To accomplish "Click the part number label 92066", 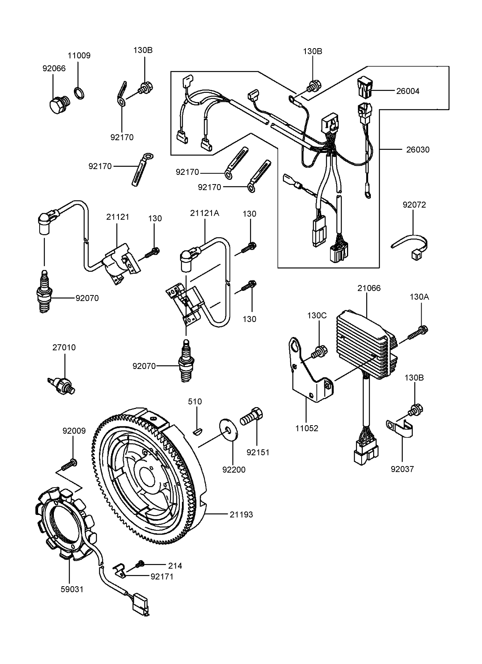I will coord(54,69).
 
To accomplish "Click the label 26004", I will coord(408,91).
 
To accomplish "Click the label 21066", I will coord(369,288).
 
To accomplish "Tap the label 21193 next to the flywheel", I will coord(241,515).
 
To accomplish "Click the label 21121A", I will coord(205,213).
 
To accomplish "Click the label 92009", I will coord(74,431).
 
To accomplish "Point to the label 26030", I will coord(418,149).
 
